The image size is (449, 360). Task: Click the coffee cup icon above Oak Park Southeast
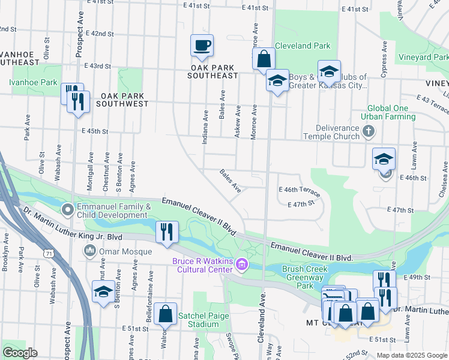(x=202, y=45)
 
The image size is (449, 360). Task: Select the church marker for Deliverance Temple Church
(x=369, y=130)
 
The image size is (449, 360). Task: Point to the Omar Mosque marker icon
(x=90, y=250)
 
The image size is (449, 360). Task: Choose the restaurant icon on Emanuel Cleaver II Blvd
(x=167, y=231)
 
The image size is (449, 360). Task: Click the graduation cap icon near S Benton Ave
(x=103, y=292)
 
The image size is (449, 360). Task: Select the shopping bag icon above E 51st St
(x=165, y=314)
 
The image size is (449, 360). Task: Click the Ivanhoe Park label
(x=33, y=82)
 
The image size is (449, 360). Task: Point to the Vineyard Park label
(x=423, y=57)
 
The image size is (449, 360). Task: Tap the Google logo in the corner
(x=19, y=353)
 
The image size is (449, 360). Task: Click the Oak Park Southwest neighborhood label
(x=124, y=100)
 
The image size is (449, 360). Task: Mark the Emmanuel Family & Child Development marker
(x=67, y=210)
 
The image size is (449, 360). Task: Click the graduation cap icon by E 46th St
(x=384, y=159)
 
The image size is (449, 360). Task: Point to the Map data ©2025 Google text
(x=412, y=355)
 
